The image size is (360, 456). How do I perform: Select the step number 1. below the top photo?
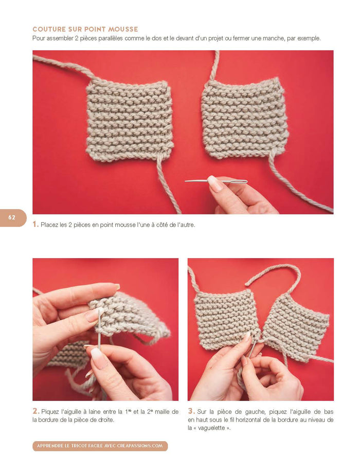35,225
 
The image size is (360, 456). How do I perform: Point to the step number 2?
36,411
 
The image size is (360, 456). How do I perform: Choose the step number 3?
191,411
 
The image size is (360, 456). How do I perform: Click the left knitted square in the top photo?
129,120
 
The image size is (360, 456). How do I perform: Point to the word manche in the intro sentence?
281,39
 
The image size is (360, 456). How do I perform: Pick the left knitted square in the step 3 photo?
226,316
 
